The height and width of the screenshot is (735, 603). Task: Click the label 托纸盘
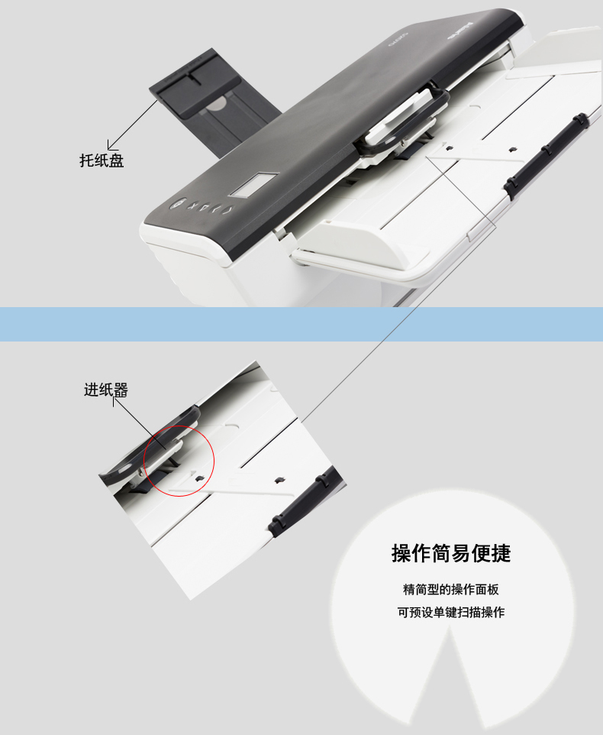click(102, 160)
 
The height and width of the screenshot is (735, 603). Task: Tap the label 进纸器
click(106, 390)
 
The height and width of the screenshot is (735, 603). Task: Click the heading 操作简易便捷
click(451, 553)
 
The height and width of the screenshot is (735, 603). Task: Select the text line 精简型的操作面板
click(451, 589)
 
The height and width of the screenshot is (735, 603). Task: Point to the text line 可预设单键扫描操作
click(451, 612)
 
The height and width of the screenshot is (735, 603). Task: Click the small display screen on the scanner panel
click(253, 185)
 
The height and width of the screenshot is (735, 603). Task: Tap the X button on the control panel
click(192, 206)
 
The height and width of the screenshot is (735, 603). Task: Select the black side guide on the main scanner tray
click(547, 151)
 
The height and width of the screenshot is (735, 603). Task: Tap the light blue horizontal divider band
click(301, 324)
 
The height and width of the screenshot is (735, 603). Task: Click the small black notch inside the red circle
click(200, 478)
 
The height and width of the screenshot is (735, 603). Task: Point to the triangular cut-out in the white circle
click(450, 680)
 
